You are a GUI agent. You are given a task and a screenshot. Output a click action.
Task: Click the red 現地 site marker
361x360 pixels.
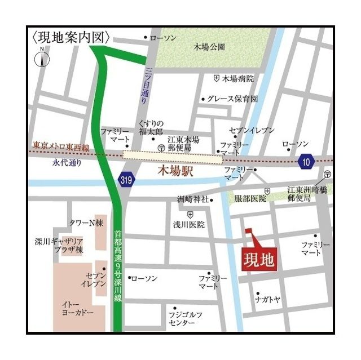pyautogui.click(x=259, y=260)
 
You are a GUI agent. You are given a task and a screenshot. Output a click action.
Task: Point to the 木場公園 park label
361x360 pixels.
pyautogui.click(x=209, y=47)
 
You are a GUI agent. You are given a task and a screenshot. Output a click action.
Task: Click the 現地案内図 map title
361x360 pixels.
pyautogui.click(x=71, y=37)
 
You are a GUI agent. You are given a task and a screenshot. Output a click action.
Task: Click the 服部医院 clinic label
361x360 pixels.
pyautogui.click(x=250, y=199)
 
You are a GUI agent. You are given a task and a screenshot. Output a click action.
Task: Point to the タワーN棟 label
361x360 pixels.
pyautogui.click(x=85, y=223)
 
